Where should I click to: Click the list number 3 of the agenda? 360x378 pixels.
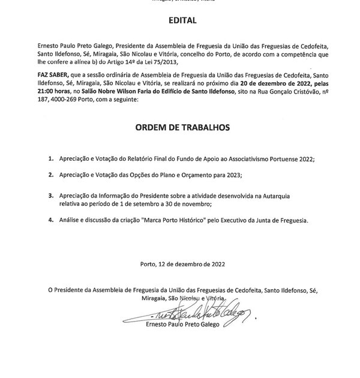click(51, 196)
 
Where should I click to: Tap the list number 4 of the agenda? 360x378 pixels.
click(51, 220)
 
